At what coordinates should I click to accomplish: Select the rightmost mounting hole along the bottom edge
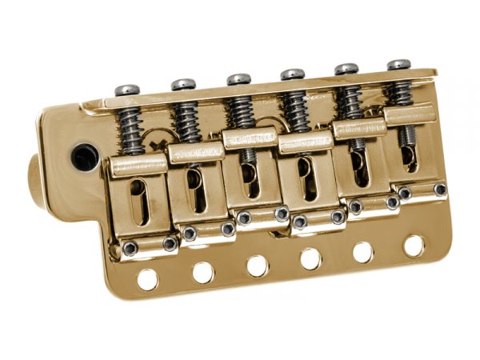(414, 245)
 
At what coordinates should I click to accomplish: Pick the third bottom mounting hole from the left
(257, 266)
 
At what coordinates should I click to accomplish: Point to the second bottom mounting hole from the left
(203, 273)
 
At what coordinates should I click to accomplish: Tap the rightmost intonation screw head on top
(398, 64)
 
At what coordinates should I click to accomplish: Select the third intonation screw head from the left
(238, 79)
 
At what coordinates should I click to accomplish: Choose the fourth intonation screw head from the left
(292, 74)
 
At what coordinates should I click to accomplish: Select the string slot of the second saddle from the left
(194, 191)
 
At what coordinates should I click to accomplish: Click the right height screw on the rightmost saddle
(440, 189)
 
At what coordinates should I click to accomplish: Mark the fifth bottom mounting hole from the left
(362, 252)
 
